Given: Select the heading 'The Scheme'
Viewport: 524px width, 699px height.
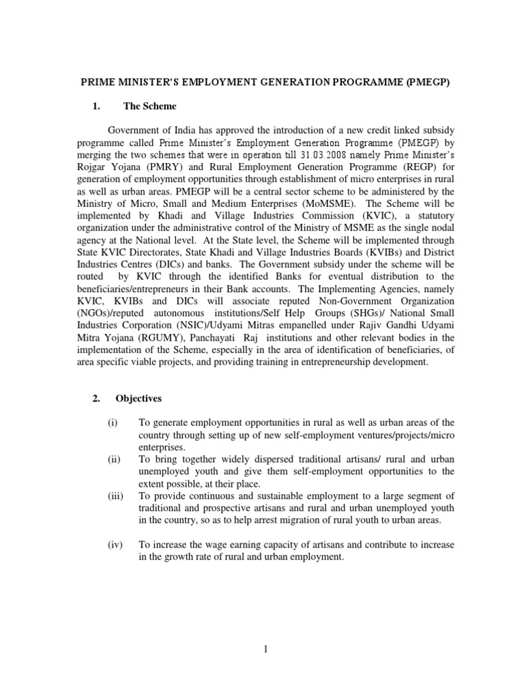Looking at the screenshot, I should coord(149,106).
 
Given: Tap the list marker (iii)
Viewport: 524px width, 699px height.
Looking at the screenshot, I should coord(115,496).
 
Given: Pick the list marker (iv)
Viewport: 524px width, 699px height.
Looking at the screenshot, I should coord(115,545).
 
